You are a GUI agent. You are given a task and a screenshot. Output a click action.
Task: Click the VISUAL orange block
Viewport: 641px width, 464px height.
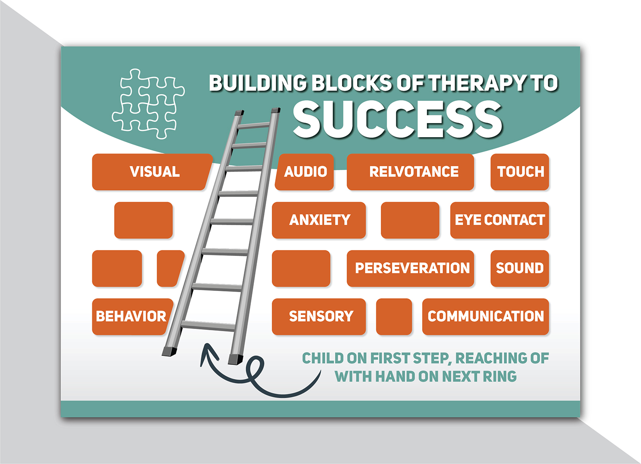[152, 172]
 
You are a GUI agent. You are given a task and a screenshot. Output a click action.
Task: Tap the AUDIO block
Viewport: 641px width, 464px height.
[305, 172]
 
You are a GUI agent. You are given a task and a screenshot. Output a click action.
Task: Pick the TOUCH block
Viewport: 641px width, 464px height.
[520, 172]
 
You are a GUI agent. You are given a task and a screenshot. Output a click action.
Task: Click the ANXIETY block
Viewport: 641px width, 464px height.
[319, 220]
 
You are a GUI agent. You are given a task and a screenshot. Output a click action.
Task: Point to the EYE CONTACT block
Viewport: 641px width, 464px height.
[499, 220]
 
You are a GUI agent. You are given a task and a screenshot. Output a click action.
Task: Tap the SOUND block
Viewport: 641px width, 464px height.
[520, 268]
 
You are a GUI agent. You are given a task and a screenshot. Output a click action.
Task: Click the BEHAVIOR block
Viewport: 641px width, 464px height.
[131, 317]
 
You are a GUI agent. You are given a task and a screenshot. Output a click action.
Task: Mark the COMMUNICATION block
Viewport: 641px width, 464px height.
[485, 317]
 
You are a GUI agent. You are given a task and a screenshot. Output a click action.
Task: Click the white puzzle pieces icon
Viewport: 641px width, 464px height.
[148, 104]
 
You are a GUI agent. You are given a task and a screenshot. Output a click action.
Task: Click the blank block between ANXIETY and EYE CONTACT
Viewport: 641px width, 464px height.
[410, 220]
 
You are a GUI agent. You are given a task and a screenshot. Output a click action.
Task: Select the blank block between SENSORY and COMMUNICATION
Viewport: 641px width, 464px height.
[394, 317]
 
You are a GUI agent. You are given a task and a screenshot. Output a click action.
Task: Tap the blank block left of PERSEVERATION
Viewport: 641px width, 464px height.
[301, 268]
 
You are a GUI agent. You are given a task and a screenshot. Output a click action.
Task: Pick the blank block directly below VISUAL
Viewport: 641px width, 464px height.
[144, 220]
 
